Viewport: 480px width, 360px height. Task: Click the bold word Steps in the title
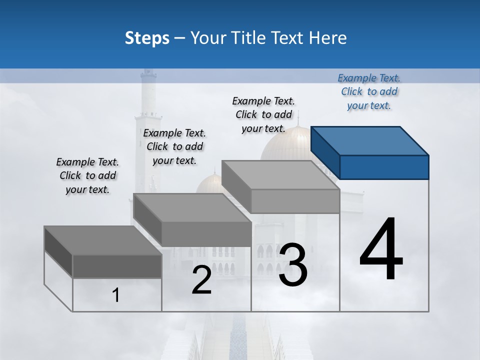(147, 38)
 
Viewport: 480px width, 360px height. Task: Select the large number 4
(381, 250)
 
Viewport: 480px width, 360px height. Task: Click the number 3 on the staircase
(292, 265)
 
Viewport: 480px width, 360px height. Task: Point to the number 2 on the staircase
(201, 280)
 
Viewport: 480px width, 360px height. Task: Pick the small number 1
(116, 295)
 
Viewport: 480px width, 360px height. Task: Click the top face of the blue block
(369, 141)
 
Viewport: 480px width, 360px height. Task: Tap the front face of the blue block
(384, 167)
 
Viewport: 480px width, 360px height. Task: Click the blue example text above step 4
(369, 91)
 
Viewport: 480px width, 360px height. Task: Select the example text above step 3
(263, 114)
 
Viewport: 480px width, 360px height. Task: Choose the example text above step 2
(174, 146)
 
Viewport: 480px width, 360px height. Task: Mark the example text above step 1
(87, 175)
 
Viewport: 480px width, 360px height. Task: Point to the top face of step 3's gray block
(280, 175)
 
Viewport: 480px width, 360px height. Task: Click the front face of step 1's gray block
(117, 266)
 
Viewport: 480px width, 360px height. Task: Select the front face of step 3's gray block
(295, 201)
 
